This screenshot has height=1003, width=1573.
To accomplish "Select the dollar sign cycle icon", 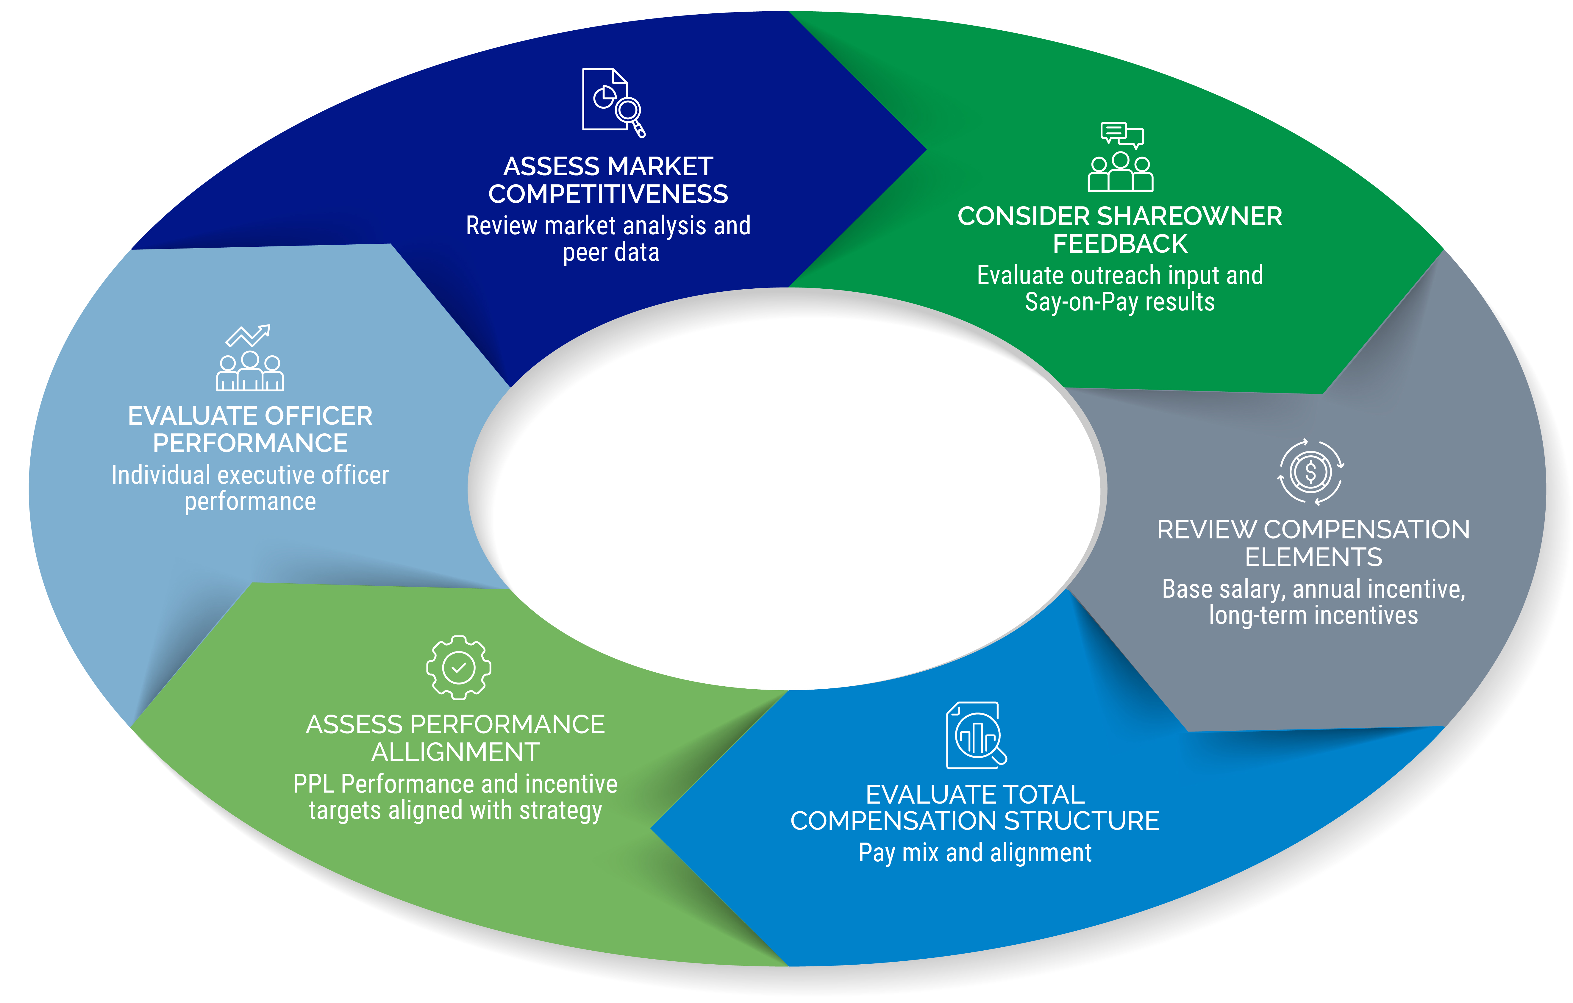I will click(x=1310, y=472).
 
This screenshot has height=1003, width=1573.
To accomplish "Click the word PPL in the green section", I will click(x=313, y=783).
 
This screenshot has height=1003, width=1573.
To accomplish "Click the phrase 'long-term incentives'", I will click(x=1313, y=615).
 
